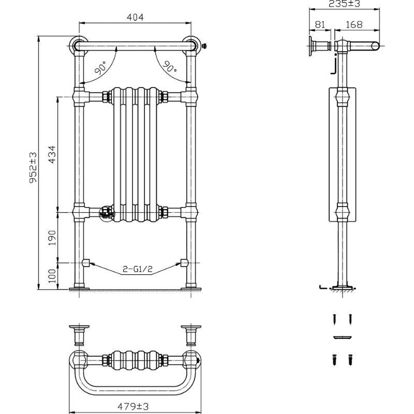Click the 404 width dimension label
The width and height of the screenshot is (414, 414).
(x=135, y=18)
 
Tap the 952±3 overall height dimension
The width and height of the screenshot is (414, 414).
(x=33, y=168)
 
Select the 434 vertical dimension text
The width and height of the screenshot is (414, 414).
(x=52, y=154)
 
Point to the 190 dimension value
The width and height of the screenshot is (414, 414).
(x=52, y=238)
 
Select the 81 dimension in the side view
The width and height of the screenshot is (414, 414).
(x=319, y=24)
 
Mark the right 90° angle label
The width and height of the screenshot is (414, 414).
(x=169, y=66)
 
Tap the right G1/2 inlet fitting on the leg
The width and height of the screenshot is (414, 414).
(x=183, y=262)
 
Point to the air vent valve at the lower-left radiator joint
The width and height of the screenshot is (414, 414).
(x=106, y=212)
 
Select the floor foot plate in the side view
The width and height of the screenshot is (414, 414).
(x=342, y=287)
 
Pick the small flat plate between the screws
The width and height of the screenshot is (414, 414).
(x=343, y=337)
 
